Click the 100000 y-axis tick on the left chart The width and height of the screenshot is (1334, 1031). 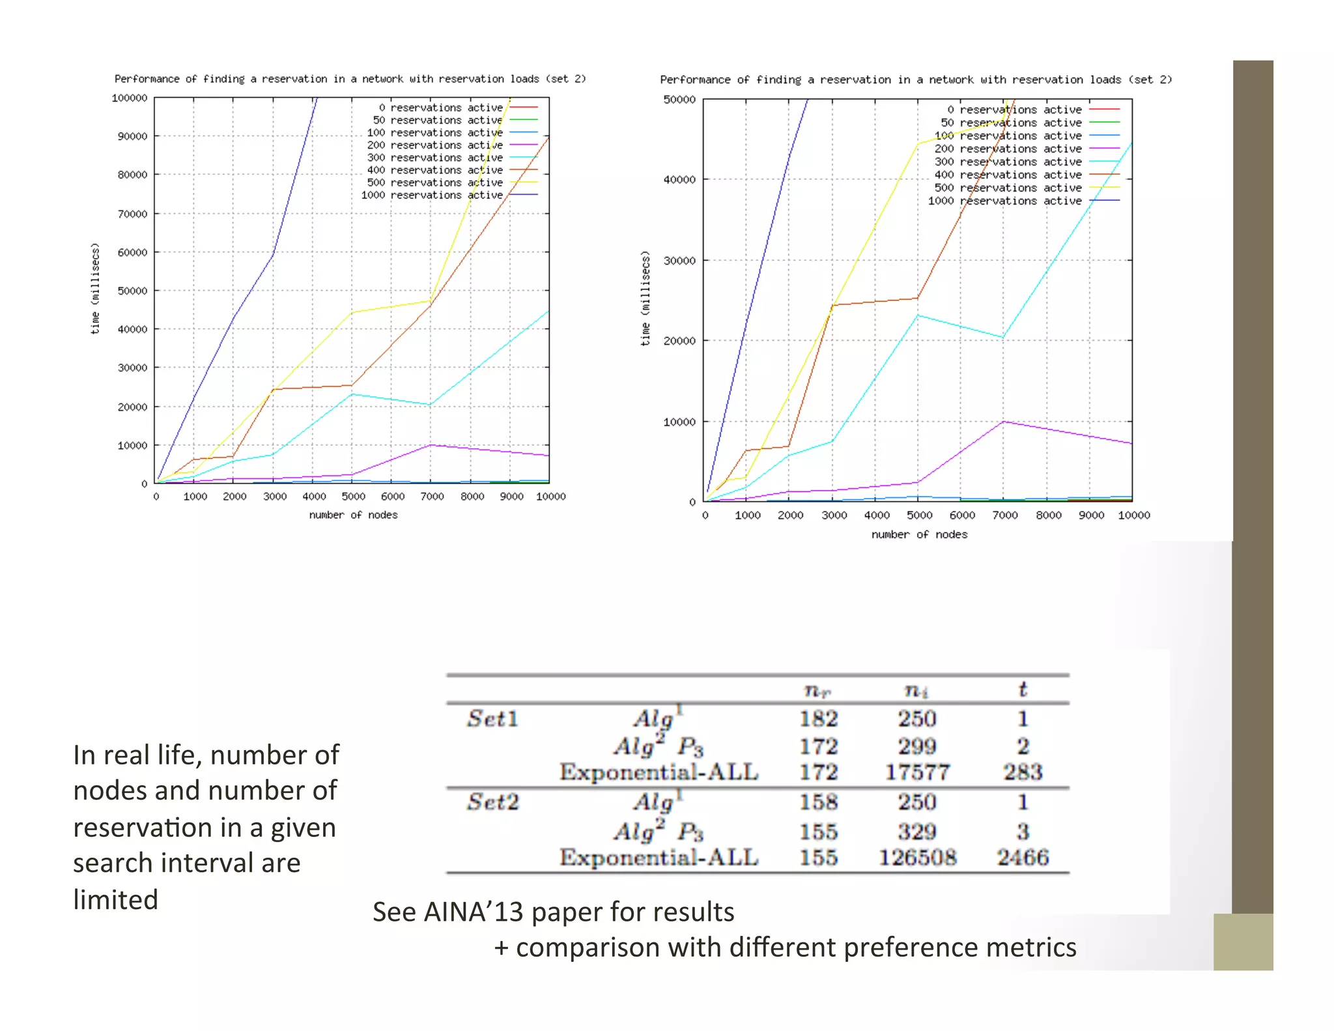[129, 98]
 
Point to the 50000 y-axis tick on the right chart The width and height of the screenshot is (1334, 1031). [679, 100]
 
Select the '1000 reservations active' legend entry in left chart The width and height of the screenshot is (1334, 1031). [432, 195]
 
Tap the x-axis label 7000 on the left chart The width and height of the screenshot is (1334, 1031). [432, 497]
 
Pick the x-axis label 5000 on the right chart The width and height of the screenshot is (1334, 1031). [919, 515]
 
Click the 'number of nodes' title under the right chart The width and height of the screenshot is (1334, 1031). [919, 534]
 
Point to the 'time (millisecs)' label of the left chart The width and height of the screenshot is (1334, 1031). [95, 289]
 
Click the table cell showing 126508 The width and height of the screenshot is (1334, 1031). [917, 858]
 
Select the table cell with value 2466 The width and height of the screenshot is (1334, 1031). [1023, 858]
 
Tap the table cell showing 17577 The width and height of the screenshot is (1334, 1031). [917, 773]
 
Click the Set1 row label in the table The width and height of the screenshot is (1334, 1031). [492, 719]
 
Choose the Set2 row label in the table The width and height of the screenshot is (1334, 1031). [492, 802]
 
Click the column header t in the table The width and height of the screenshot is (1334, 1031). [1023, 690]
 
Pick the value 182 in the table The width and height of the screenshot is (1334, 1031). [818, 719]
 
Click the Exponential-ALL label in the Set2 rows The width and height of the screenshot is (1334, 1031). [659, 858]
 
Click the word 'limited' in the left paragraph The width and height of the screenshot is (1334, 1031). [115, 900]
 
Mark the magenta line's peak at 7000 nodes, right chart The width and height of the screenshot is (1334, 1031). [1004, 422]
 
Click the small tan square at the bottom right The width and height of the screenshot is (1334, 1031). [1243, 942]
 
